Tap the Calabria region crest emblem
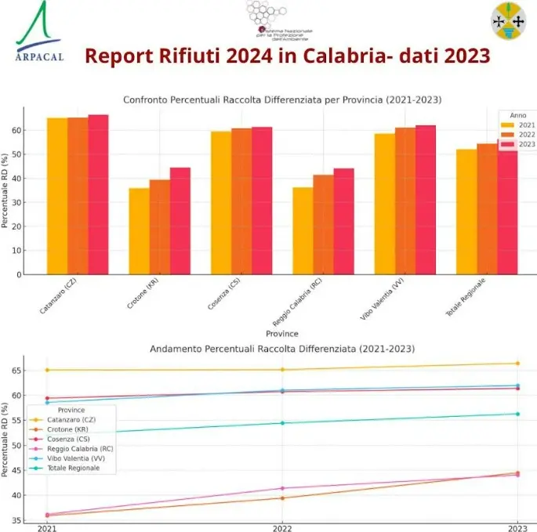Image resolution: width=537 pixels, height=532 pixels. tap(509, 21)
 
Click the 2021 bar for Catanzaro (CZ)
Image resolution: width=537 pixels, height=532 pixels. tap(56, 196)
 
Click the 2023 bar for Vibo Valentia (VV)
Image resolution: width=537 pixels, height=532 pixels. tap(426, 200)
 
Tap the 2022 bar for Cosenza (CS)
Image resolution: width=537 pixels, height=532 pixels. tap(241, 201)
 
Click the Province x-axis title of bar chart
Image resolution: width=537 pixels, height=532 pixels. tap(282, 333)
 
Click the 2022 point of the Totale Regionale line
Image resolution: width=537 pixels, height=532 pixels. tap(282, 423)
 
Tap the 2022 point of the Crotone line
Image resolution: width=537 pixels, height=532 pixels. tap(282, 498)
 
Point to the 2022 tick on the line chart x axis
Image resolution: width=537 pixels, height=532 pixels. tap(282, 528)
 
